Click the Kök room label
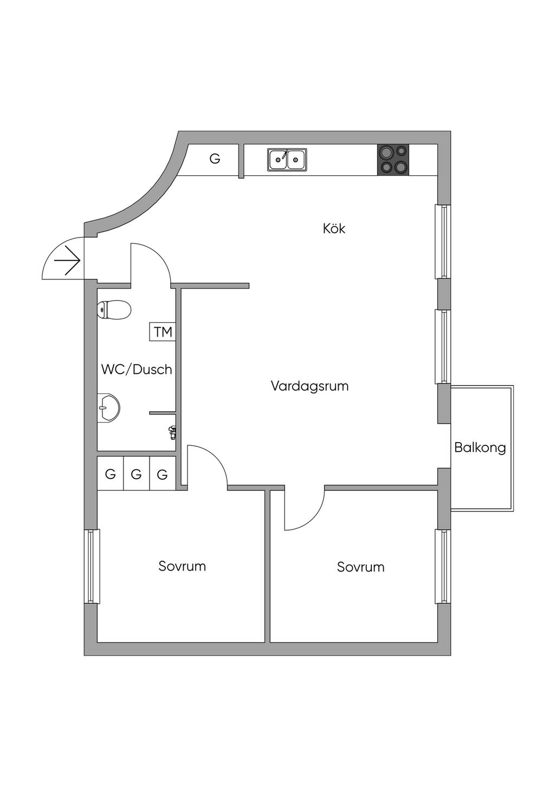[334, 229]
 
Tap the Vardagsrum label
[310, 386]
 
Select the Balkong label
[480, 448]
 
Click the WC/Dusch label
[137, 369]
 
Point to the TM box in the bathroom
[163, 331]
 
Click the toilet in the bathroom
[114, 310]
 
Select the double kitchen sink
[287, 159]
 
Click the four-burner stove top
[393, 159]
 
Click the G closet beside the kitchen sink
[215, 159]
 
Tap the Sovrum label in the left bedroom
[182, 566]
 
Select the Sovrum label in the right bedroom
[361, 567]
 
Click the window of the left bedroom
[92, 566]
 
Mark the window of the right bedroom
[443, 566]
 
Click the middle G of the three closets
[136, 475]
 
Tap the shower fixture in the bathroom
[172, 433]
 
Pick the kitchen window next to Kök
[443, 241]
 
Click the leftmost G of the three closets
[110, 475]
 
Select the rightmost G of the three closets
[162, 475]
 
